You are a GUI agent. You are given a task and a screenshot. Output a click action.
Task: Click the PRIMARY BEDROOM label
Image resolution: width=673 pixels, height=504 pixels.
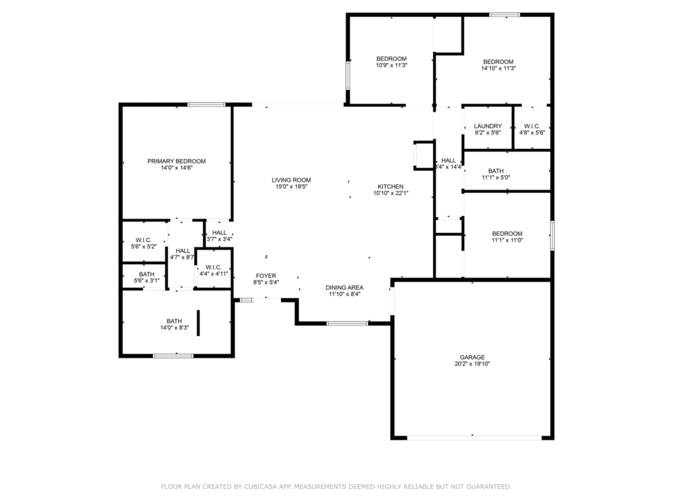pyautogui.click(x=176, y=161)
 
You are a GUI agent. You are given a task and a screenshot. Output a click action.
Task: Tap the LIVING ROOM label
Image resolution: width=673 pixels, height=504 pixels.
pyautogui.click(x=291, y=180)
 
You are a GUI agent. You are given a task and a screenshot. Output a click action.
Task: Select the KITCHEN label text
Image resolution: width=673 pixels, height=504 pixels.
pyautogui.click(x=390, y=186)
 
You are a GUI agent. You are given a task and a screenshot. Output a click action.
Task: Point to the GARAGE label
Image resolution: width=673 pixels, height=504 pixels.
pyautogui.click(x=472, y=357)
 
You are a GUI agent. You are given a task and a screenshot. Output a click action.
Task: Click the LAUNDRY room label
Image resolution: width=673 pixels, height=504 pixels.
pyautogui.click(x=488, y=126)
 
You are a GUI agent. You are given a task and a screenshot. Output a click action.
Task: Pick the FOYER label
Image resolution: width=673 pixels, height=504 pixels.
pyautogui.click(x=266, y=276)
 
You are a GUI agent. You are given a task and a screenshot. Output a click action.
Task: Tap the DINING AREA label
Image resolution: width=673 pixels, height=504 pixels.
pyautogui.click(x=344, y=287)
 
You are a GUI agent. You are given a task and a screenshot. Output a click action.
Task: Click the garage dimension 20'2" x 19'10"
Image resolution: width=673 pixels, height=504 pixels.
pyautogui.click(x=472, y=364)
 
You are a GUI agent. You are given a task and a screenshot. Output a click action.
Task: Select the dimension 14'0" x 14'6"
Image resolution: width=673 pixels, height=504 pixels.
pyautogui.click(x=176, y=168)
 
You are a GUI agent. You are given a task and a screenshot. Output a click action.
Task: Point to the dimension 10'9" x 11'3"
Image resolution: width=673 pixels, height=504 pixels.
pyautogui.click(x=392, y=66)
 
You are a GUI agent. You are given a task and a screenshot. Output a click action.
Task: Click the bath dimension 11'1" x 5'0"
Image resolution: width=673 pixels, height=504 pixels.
pyautogui.click(x=496, y=177)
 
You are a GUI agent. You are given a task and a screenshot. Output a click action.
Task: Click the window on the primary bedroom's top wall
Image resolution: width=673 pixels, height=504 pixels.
pyautogui.click(x=206, y=104)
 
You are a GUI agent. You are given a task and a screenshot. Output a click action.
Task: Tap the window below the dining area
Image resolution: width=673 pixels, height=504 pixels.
pyautogui.click(x=347, y=323)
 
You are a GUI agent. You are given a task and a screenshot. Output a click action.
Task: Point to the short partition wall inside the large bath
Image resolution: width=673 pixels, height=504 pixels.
pyautogui.click(x=198, y=323)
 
